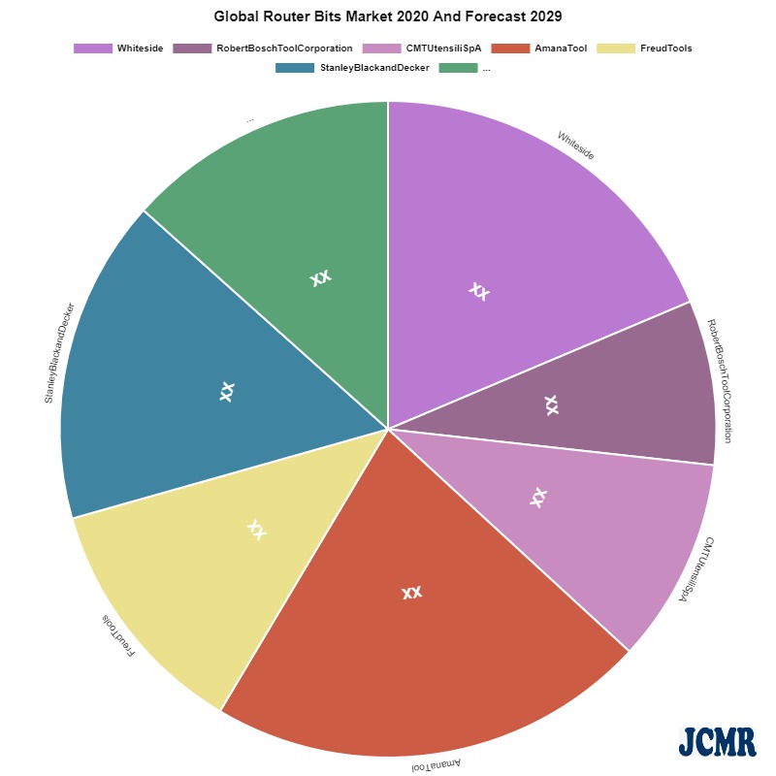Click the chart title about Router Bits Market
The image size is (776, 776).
coord(387,16)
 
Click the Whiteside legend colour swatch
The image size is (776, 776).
coord(93,48)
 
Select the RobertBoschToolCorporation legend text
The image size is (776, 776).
coord(284,48)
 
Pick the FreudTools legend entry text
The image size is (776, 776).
coord(665,48)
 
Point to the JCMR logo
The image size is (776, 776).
coord(717,742)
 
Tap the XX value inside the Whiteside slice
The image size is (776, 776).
coord(478,290)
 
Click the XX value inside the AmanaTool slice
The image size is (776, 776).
coord(411,592)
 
